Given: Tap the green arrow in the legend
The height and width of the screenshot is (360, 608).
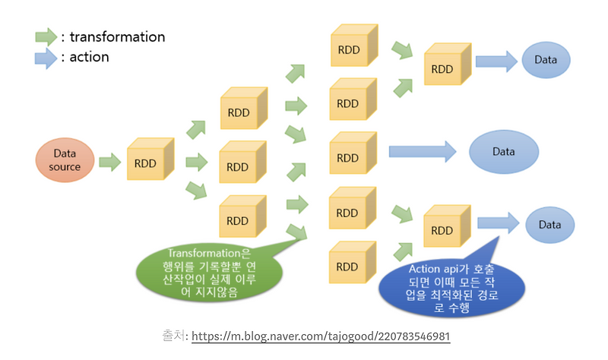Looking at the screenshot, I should (x=46, y=36).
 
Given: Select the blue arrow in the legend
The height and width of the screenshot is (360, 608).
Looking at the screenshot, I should (x=46, y=58).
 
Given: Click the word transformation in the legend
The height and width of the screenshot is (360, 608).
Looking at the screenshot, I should (x=118, y=36).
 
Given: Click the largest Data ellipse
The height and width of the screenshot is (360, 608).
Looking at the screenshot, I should (x=504, y=152).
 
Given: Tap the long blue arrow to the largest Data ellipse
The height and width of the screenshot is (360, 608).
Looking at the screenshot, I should (x=422, y=152).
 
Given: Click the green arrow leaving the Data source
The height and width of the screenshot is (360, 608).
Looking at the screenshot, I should (x=110, y=161).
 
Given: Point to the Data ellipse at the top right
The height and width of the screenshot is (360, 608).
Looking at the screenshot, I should (x=546, y=60).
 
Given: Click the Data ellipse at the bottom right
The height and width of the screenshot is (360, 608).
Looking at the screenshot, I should (x=549, y=226).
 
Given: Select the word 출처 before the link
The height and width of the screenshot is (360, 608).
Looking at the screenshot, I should (x=173, y=336).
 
